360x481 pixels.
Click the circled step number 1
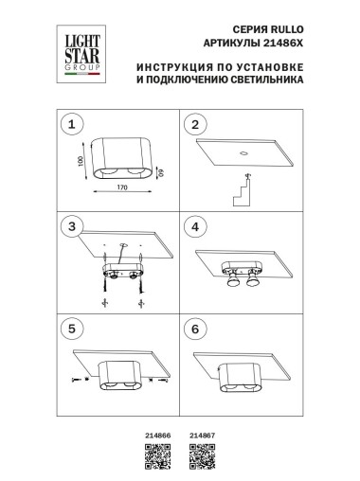tap(69, 124)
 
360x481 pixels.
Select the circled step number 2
tap(196, 124)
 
